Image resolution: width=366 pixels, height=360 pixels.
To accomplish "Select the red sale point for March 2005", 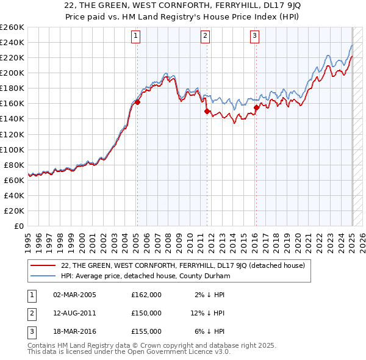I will click(x=137, y=102).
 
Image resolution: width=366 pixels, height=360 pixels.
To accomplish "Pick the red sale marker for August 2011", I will click(x=207, y=111).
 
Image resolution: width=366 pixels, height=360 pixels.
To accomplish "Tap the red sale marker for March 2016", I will click(x=256, y=107).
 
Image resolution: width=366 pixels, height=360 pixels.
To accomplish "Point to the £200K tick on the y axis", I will click(x=12, y=73).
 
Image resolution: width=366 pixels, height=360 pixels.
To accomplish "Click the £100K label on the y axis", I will click(x=12, y=149).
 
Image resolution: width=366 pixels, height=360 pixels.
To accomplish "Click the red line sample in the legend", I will click(x=43, y=265).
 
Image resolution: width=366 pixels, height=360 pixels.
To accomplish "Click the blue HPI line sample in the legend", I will click(x=43, y=276).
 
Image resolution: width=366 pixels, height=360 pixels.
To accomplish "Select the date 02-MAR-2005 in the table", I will click(x=75, y=295).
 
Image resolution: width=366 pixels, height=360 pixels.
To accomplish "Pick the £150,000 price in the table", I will click(x=146, y=313).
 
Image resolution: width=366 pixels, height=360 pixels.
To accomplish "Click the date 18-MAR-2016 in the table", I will click(x=75, y=331).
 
